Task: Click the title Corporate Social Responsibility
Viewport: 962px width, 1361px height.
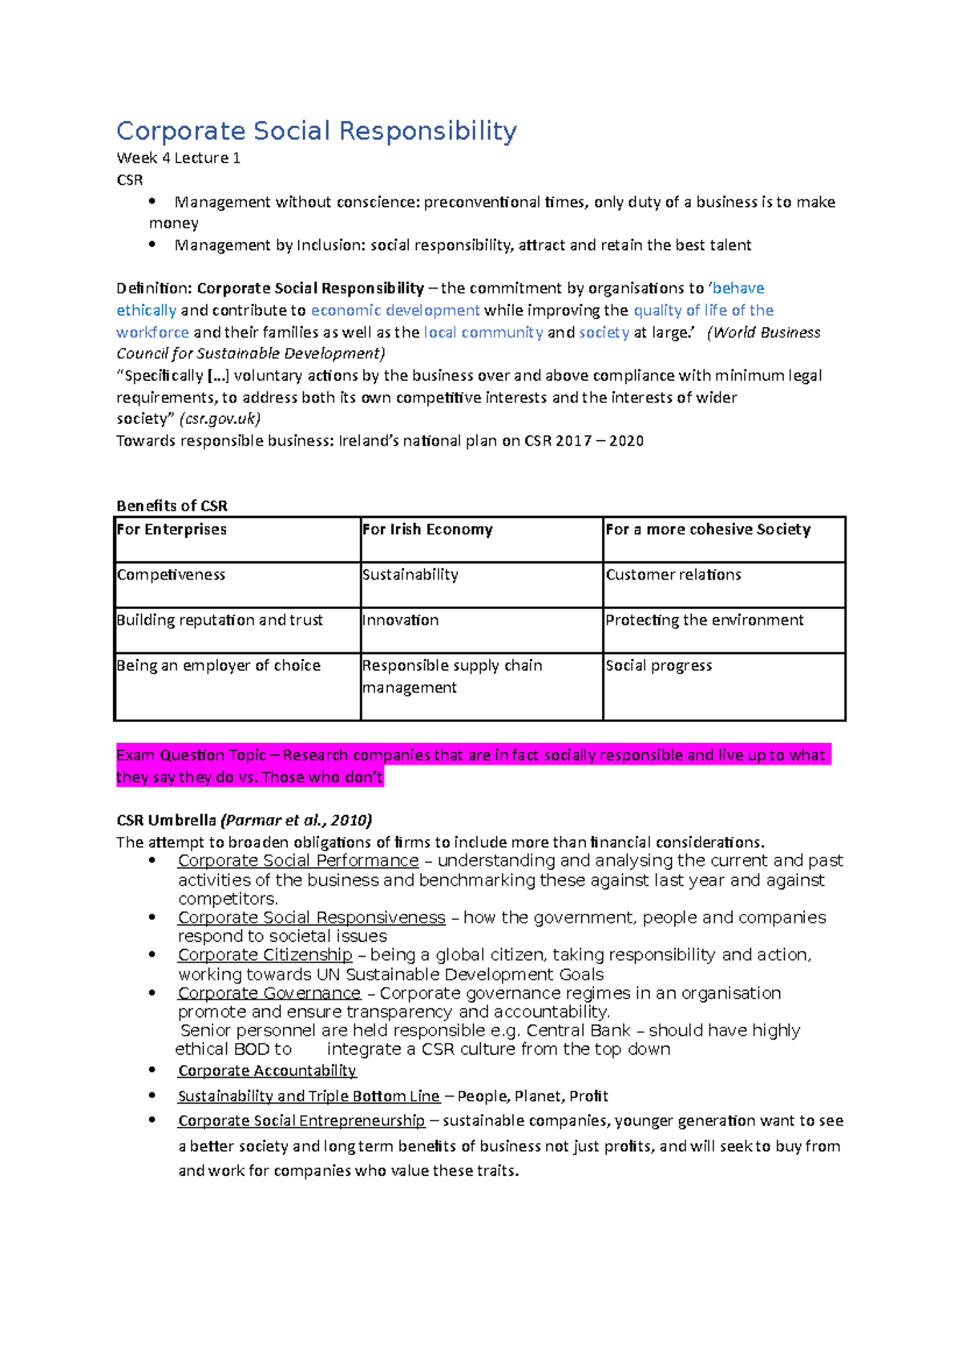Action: [x=317, y=131]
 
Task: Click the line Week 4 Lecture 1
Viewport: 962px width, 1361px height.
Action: [x=178, y=158]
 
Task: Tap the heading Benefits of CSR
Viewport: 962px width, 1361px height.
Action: [x=172, y=506]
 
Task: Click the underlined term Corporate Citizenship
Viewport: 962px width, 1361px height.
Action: [x=265, y=955]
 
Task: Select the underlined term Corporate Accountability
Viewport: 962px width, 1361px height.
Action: [x=267, y=1071]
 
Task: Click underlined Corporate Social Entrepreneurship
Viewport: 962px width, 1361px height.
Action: [x=301, y=1121]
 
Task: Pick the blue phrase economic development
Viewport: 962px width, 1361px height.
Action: [x=395, y=310]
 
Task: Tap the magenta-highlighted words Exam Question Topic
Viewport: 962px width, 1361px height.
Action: [x=191, y=755]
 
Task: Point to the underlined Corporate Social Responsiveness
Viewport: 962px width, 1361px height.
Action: [x=311, y=917]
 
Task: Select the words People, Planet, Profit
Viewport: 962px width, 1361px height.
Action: [x=532, y=1096]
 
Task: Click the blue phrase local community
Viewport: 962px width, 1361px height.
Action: [x=483, y=332]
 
